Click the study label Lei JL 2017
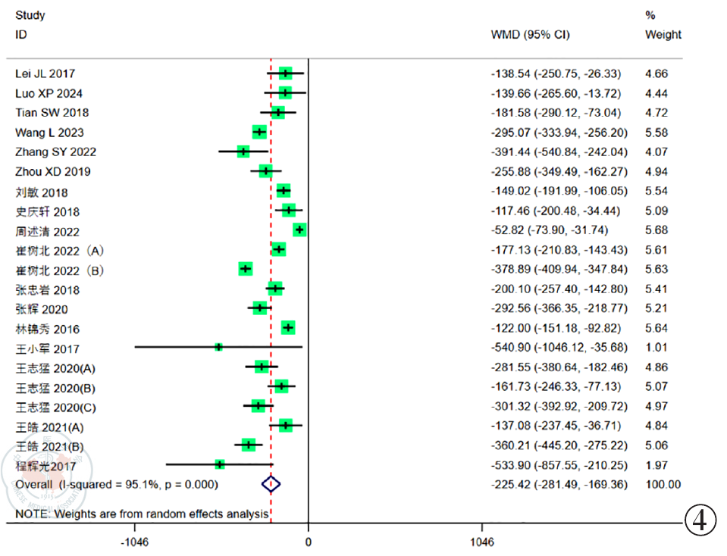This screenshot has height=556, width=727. click(x=45, y=73)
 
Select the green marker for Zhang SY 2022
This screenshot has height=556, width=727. click(x=243, y=151)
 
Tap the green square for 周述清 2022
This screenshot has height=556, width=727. click(x=299, y=230)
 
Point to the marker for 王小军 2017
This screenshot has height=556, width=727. click(x=218, y=347)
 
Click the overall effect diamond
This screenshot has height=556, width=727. click(x=271, y=483)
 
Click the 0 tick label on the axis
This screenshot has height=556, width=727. click(x=308, y=542)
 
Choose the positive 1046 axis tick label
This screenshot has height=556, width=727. click(x=481, y=542)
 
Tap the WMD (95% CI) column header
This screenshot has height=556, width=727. click(x=531, y=35)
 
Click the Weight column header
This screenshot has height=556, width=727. click(x=663, y=35)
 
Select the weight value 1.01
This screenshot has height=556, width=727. click(x=656, y=348)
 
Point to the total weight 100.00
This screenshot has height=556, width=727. click(x=661, y=484)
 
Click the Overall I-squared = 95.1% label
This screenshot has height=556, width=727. click(x=117, y=484)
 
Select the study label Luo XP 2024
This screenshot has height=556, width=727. click(x=49, y=93)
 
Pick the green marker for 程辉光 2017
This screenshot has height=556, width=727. click(x=220, y=464)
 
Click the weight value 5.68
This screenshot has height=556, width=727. click(x=656, y=230)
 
